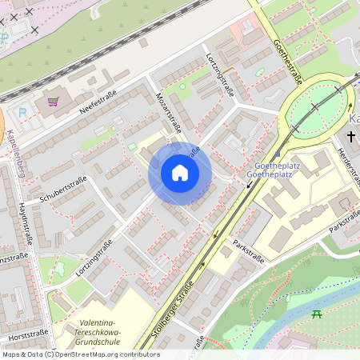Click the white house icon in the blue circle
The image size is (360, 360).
pyautogui.click(x=180, y=173)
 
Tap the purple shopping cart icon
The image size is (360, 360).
pyautogui.click(x=53, y=102)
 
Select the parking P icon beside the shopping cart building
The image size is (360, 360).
pyautogui.click(x=22, y=112)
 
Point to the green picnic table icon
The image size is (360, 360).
pyautogui.click(x=317, y=313)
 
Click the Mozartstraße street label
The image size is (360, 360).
pyautogui.click(x=169, y=113)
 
